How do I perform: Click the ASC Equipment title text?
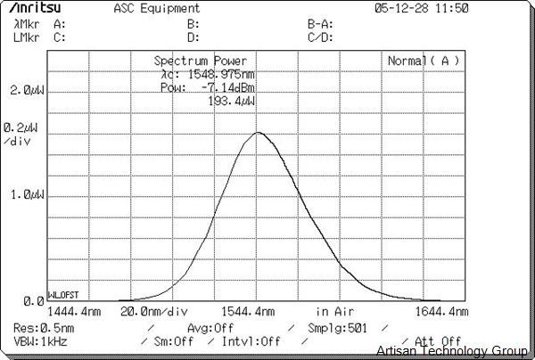tap(151, 8)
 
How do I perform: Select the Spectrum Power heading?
tap(201, 61)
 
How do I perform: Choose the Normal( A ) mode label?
tap(423, 61)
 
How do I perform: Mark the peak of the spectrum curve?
tap(258, 133)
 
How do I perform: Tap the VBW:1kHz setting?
tap(41, 340)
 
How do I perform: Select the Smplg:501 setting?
tap(337, 328)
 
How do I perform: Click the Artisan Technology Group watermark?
tap(453, 351)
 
